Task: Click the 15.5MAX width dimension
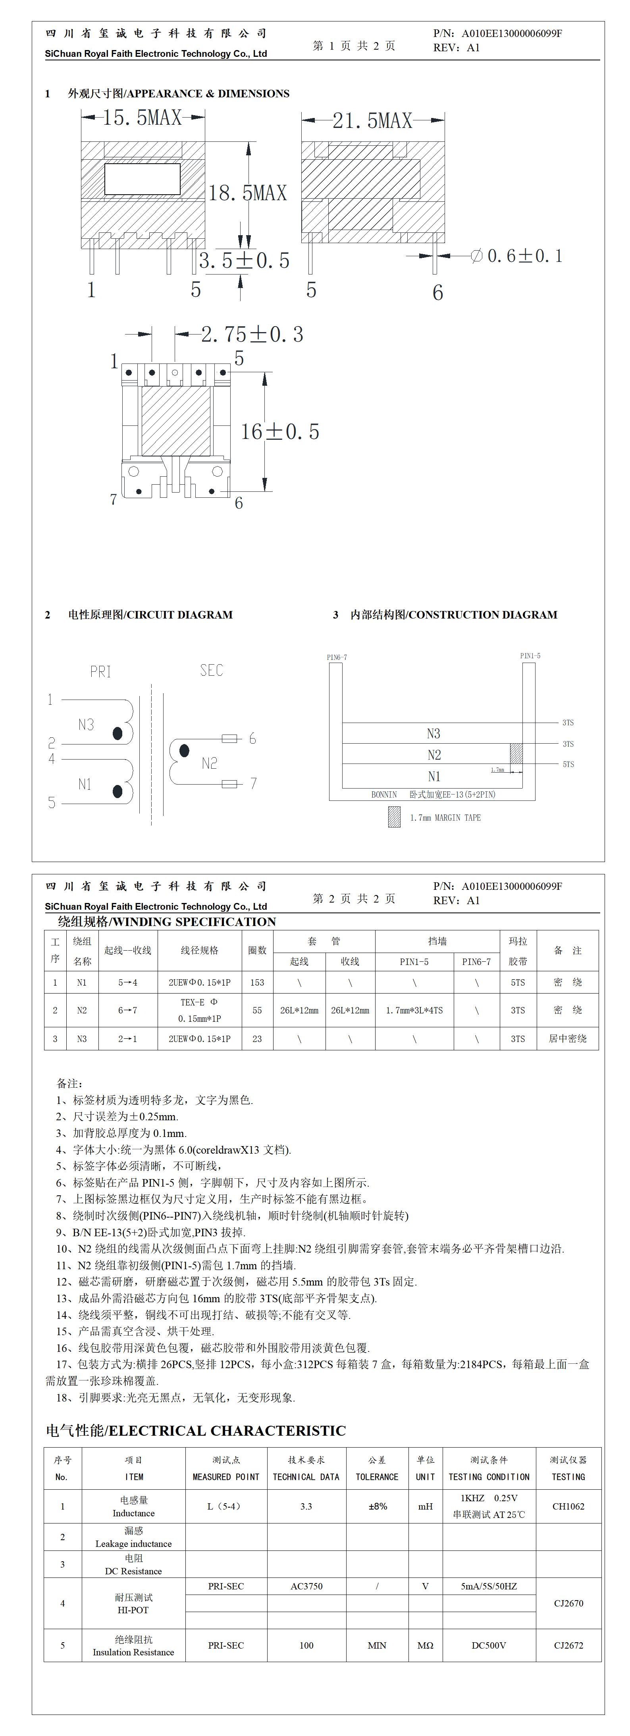142,118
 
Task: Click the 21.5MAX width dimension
372,121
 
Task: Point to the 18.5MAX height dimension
247,193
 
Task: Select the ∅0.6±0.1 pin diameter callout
516,256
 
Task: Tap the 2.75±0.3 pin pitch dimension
252,334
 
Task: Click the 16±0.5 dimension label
279,431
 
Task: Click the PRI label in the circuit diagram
100,671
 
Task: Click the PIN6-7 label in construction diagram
337,657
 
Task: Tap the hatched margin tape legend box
394,817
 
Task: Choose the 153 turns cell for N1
257,982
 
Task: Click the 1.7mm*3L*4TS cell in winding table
414,1010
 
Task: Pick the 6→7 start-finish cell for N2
127,1010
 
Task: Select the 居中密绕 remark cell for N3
567,1038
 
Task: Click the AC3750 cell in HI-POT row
306,1586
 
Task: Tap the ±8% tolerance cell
378,1506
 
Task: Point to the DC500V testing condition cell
489,1645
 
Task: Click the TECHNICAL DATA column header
306,1477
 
